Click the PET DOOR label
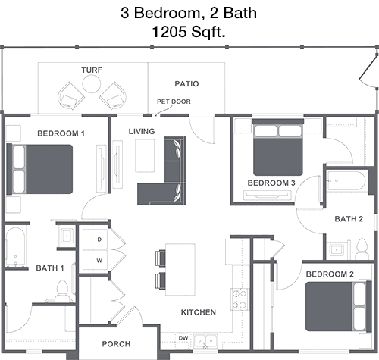click(174, 102)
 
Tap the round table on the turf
click(92, 84)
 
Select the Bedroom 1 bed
click(39, 169)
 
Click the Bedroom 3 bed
click(278, 148)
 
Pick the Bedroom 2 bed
click(339, 306)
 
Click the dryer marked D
click(96, 239)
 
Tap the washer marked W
click(96, 260)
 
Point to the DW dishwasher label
click(183, 338)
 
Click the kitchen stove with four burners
click(240, 299)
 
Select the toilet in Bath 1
click(62, 290)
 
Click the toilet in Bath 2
click(362, 249)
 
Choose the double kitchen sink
click(205, 341)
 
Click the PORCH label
click(116, 344)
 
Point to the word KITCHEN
click(199, 312)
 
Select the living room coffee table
click(145, 155)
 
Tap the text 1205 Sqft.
click(189, 32)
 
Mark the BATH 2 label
click(349, 219)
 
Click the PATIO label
click(186, 83)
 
